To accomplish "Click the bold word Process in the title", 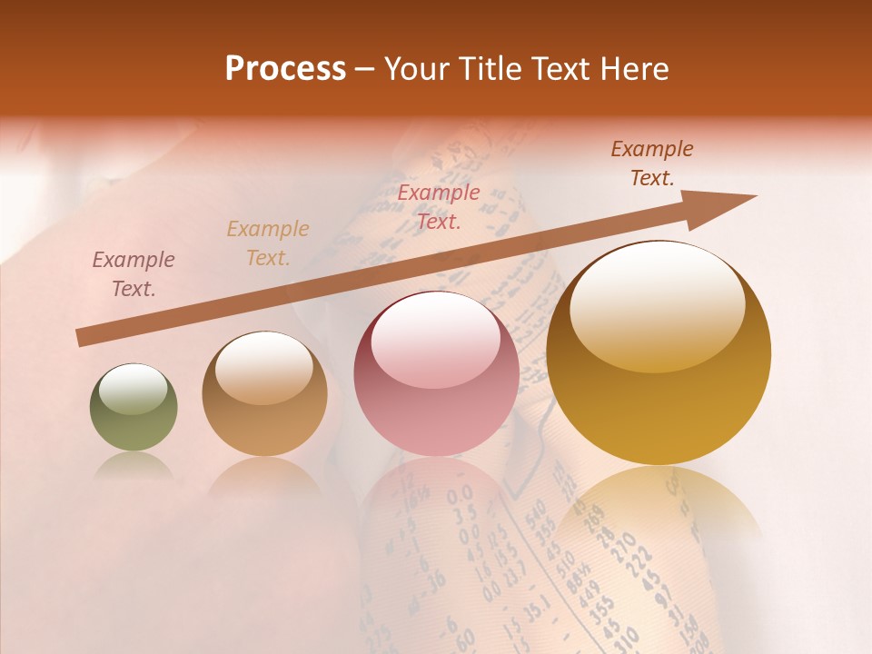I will pos(285,69).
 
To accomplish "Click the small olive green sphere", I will pos(134,407).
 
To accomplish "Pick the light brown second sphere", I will pos(264,394).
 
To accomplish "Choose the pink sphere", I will pos(437,374).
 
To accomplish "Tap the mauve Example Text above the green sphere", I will pos(134,274).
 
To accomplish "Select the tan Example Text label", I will pos(268,243).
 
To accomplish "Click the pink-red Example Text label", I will pos(439,206).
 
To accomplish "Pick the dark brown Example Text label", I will pos(652,163).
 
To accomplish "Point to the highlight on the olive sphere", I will pos(133,390).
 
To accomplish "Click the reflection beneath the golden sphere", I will pos(659,509).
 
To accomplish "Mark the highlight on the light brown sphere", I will pos(263,367).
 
